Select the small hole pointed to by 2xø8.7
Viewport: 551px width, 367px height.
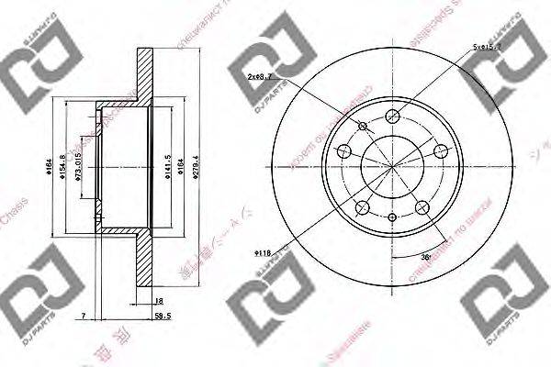click(x=364, y=126)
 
